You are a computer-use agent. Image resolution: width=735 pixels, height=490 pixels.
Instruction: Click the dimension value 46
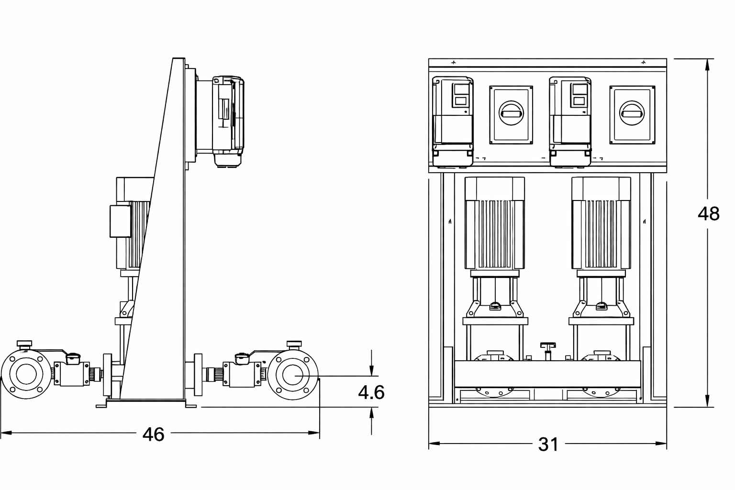[x=153, y=434]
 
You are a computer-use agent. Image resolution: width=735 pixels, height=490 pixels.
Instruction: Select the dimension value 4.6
[x=371, y=392]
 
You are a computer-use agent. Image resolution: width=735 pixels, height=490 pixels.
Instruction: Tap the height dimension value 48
[x=708, y=214]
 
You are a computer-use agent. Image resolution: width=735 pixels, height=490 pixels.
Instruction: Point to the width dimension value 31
[x=548, y=445]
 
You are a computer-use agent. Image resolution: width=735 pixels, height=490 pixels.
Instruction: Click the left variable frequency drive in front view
[x=453, y=122]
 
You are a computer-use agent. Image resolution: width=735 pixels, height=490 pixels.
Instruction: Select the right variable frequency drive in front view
[x=570, y=122]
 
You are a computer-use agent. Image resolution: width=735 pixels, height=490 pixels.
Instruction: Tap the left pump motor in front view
[x=494, y=223]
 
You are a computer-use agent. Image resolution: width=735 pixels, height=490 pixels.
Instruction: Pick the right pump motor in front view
[x=601, y=223]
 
